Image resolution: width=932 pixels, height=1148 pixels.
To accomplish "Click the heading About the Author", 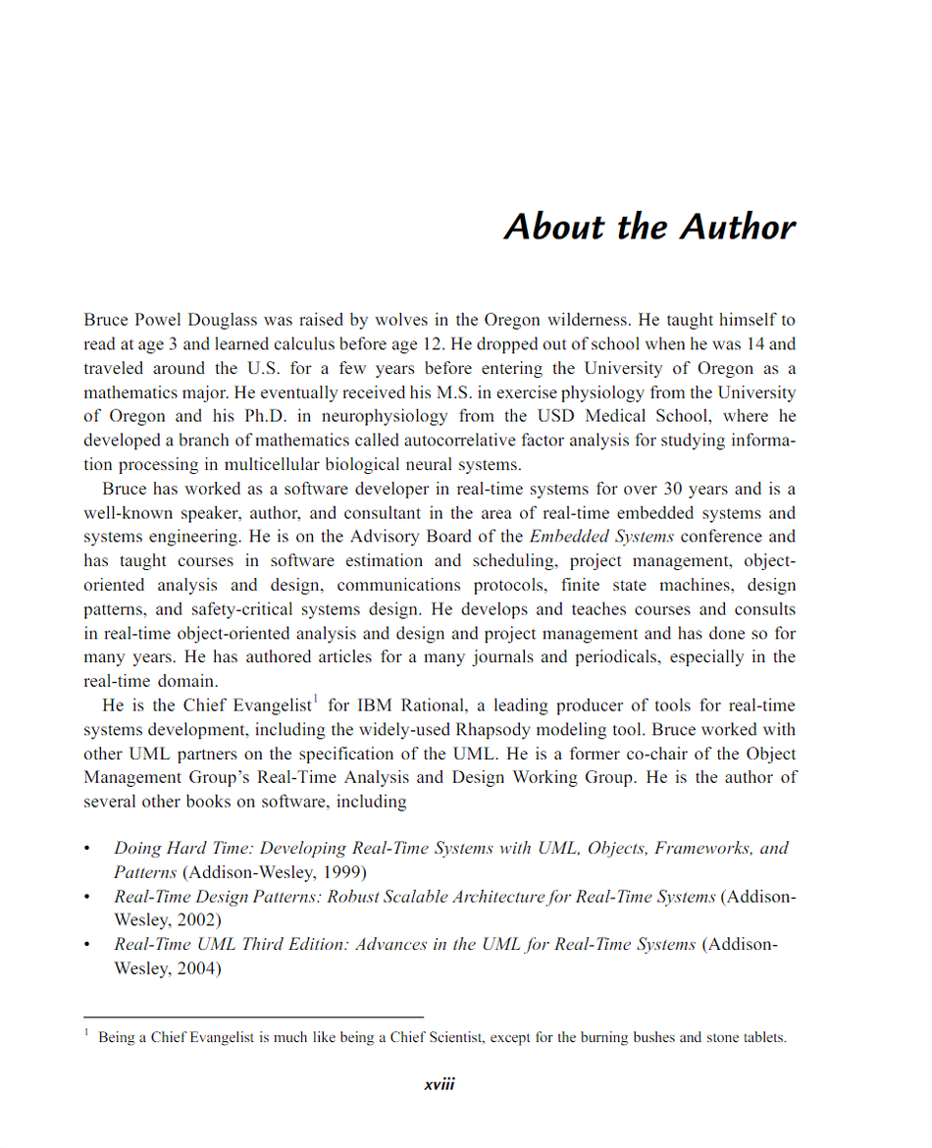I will [x=649, y=227].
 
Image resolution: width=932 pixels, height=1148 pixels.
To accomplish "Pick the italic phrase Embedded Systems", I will [x=601, y=537].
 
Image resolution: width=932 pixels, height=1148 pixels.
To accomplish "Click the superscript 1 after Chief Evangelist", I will [x=315, y=700].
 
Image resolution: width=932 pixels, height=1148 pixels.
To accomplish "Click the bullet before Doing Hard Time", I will [x=87, y=849].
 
